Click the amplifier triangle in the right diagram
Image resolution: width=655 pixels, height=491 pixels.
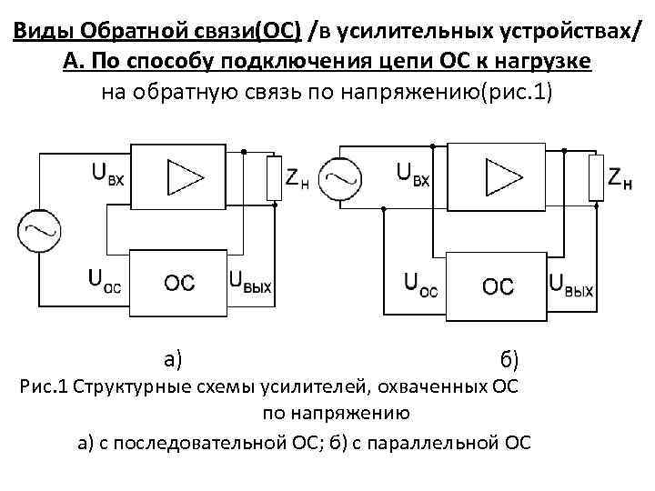coord(497,175)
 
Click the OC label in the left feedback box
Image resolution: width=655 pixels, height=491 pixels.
coord(178,283)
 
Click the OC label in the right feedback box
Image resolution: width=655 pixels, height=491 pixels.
coord(497,286)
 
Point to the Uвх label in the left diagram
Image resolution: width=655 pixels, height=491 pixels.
coord(106,173)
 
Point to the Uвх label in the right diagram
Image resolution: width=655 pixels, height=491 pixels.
coord(412,173)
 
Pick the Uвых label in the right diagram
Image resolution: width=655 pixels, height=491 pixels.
coord(571,286)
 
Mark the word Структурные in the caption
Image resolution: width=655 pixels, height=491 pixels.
coord(126,389)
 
